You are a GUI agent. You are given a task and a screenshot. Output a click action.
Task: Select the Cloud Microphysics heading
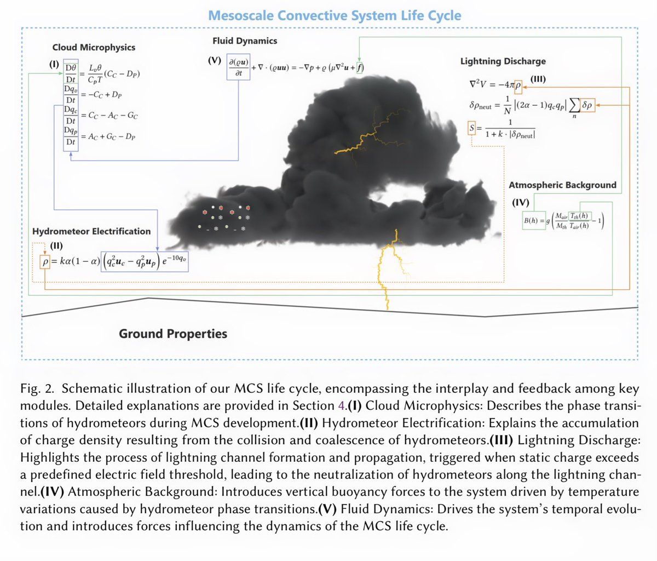coord(94,48)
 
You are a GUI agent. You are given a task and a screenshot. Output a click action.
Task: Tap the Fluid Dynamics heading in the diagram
coord(245,41)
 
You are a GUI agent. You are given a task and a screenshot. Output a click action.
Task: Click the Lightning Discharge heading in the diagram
coord(503,62)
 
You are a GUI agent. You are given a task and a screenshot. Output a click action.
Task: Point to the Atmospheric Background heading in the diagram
coord(562,185)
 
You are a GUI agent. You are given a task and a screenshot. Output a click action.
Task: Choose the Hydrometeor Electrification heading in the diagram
coord(91,231)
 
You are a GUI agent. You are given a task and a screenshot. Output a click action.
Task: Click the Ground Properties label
coord(173,333)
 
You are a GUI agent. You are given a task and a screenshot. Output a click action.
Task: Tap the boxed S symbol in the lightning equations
coord(472,129)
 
